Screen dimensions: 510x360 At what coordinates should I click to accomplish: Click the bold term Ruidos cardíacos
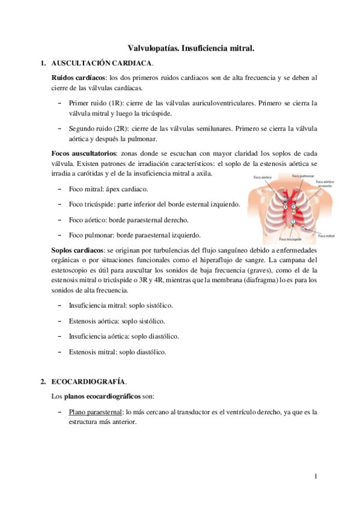click(78, 78)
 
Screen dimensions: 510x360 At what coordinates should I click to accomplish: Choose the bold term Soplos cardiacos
click(79, 249)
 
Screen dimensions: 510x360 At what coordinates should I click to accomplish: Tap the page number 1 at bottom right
click(315, 477)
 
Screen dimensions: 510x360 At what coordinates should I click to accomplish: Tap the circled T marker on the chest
click(293, 221)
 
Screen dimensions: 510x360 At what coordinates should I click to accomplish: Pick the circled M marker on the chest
click(304, 226)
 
